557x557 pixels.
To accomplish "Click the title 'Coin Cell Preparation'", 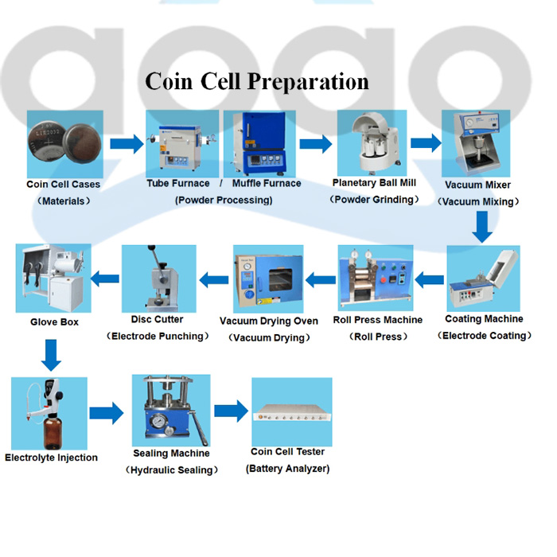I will [256, 82].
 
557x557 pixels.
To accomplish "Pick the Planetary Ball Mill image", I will [372, 143].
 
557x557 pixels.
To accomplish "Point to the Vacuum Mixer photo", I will [476, 143].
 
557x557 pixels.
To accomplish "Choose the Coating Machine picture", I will [482, 278].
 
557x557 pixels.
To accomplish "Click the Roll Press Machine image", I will [376, 278].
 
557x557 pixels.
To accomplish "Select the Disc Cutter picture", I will [158, 278].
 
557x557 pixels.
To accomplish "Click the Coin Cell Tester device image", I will [291, 412].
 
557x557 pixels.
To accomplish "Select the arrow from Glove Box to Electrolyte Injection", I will [51, 355].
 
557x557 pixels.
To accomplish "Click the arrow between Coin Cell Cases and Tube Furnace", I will [126, 144].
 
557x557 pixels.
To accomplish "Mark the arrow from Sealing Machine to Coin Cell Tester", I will [231, 411].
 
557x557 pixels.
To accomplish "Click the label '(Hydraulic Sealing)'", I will [172, 470].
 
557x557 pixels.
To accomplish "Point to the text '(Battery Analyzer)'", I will [287, 469].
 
